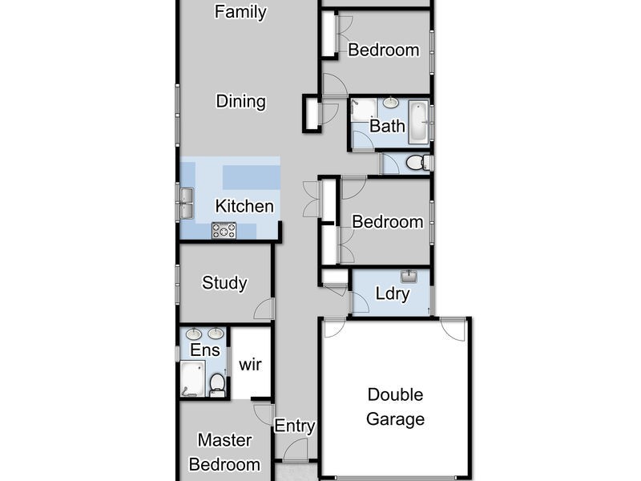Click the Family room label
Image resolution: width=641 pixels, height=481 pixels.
coord(240,12)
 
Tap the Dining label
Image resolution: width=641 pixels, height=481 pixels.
coord(240,102)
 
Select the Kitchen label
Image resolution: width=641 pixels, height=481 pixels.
coord(244,206)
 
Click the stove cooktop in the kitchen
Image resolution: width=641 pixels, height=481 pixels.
coord(224,230)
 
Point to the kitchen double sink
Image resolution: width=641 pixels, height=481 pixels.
coord(186,202)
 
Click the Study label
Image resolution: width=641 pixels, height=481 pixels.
coord(224,283)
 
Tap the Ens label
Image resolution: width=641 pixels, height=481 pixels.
coord(205,350)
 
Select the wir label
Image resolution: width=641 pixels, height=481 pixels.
coord(250,365)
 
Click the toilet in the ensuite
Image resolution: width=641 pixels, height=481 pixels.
coord(217,384)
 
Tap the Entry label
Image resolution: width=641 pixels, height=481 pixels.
coord(295,426)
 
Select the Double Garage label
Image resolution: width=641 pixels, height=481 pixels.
coord(395,406)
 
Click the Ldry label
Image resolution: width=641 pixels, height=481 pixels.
coord(393,294)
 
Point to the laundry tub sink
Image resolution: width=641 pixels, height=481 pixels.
coord(409,277)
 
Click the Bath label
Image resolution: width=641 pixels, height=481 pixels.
coord(387,126)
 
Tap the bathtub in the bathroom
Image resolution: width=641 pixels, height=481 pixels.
coord(418,122)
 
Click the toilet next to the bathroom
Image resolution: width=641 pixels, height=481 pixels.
coord(417,164)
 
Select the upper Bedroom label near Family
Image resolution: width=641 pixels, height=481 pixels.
coord(383,50)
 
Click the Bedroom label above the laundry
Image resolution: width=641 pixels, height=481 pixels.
coord(387,222)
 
